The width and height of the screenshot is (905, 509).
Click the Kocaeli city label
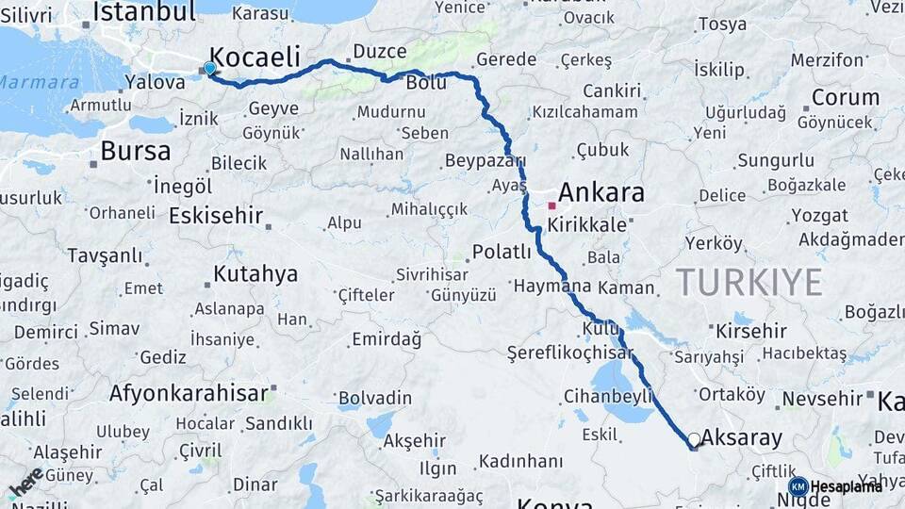(254, 55)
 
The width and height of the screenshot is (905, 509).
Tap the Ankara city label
(601, 193)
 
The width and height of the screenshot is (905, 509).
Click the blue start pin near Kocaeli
(209, 68)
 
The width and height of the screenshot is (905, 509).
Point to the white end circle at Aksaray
(694, 439)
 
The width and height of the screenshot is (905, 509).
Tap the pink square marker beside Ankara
(551, 204)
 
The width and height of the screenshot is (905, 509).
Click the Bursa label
(135, 151)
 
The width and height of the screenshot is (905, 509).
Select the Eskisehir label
(215, 216)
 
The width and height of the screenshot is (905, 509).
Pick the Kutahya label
(255, 274)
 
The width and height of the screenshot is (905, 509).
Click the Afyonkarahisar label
(189, 393)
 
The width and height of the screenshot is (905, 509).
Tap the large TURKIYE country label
(749, 282)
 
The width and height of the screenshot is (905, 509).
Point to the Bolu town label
(425, 83)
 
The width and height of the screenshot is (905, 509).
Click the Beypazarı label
(485, 159)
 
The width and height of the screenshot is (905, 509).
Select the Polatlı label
(502, 252)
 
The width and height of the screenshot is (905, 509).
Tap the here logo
(25, 483)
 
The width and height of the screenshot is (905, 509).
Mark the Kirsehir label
(750, 331)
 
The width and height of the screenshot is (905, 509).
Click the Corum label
(846, 97)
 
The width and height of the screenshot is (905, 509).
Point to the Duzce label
(378, 51)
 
